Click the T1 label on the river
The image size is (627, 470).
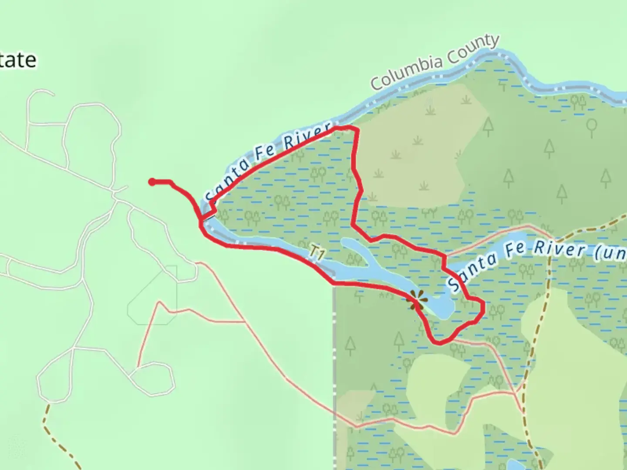317,253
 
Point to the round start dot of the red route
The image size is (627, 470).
152,182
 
